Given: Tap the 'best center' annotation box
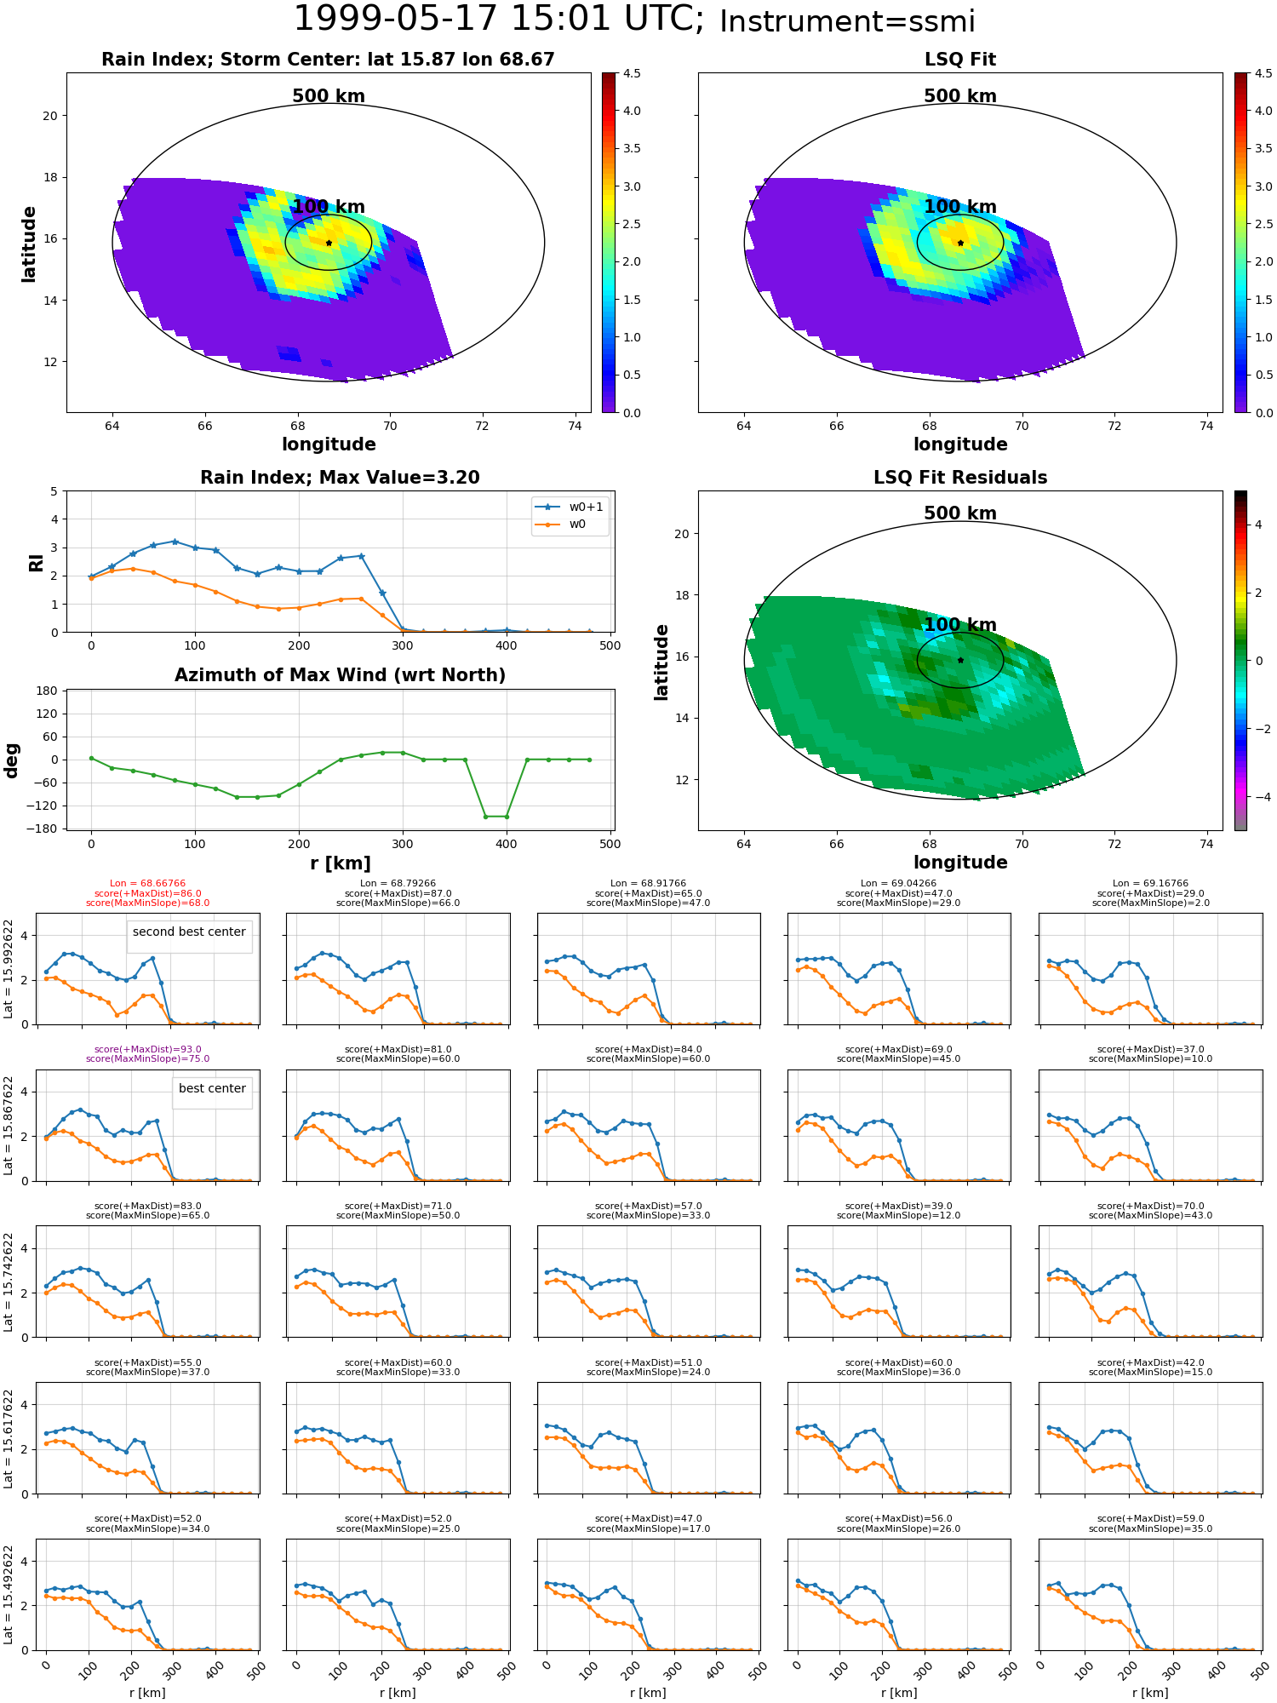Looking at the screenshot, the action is point(212,1088).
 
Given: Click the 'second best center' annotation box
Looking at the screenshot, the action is point(189,932).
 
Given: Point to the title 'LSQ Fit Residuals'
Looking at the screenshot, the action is point(960,478).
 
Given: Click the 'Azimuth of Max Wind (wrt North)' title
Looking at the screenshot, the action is point(340,675).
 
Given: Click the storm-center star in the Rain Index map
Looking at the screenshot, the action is point(329,243).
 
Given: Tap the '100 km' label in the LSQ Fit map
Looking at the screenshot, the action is point(960,207).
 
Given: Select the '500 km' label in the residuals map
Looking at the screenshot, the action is point(960,513).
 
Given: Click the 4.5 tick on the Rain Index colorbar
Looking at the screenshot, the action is point(632,73).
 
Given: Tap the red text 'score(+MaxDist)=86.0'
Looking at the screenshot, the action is point(147,893).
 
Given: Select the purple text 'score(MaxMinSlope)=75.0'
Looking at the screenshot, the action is point(147,1059).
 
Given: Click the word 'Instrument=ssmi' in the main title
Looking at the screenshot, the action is point(847,21).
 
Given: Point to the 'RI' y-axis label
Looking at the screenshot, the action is point(36,562).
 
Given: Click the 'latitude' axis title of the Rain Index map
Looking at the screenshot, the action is point(29,244).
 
